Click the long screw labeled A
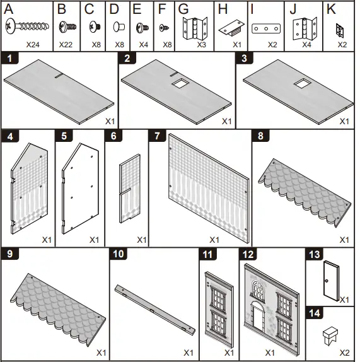(27, 26)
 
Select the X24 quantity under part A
(33, 45)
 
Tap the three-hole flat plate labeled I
(266, 28)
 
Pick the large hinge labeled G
(195, 28)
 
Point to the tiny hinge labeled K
(340, 30)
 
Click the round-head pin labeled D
(119, 26)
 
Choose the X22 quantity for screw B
(66, 45)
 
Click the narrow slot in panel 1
(59, 76)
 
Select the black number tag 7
(158, 136)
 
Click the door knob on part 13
(327, 281)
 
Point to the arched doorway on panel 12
(258, 315)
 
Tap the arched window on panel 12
(258, 289)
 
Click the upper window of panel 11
(218, 298)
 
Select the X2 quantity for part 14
(344, 353)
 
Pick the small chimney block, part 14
(330, 336)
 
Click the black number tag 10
(119, 254)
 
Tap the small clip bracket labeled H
(231, 28)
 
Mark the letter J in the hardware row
(293, 9)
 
